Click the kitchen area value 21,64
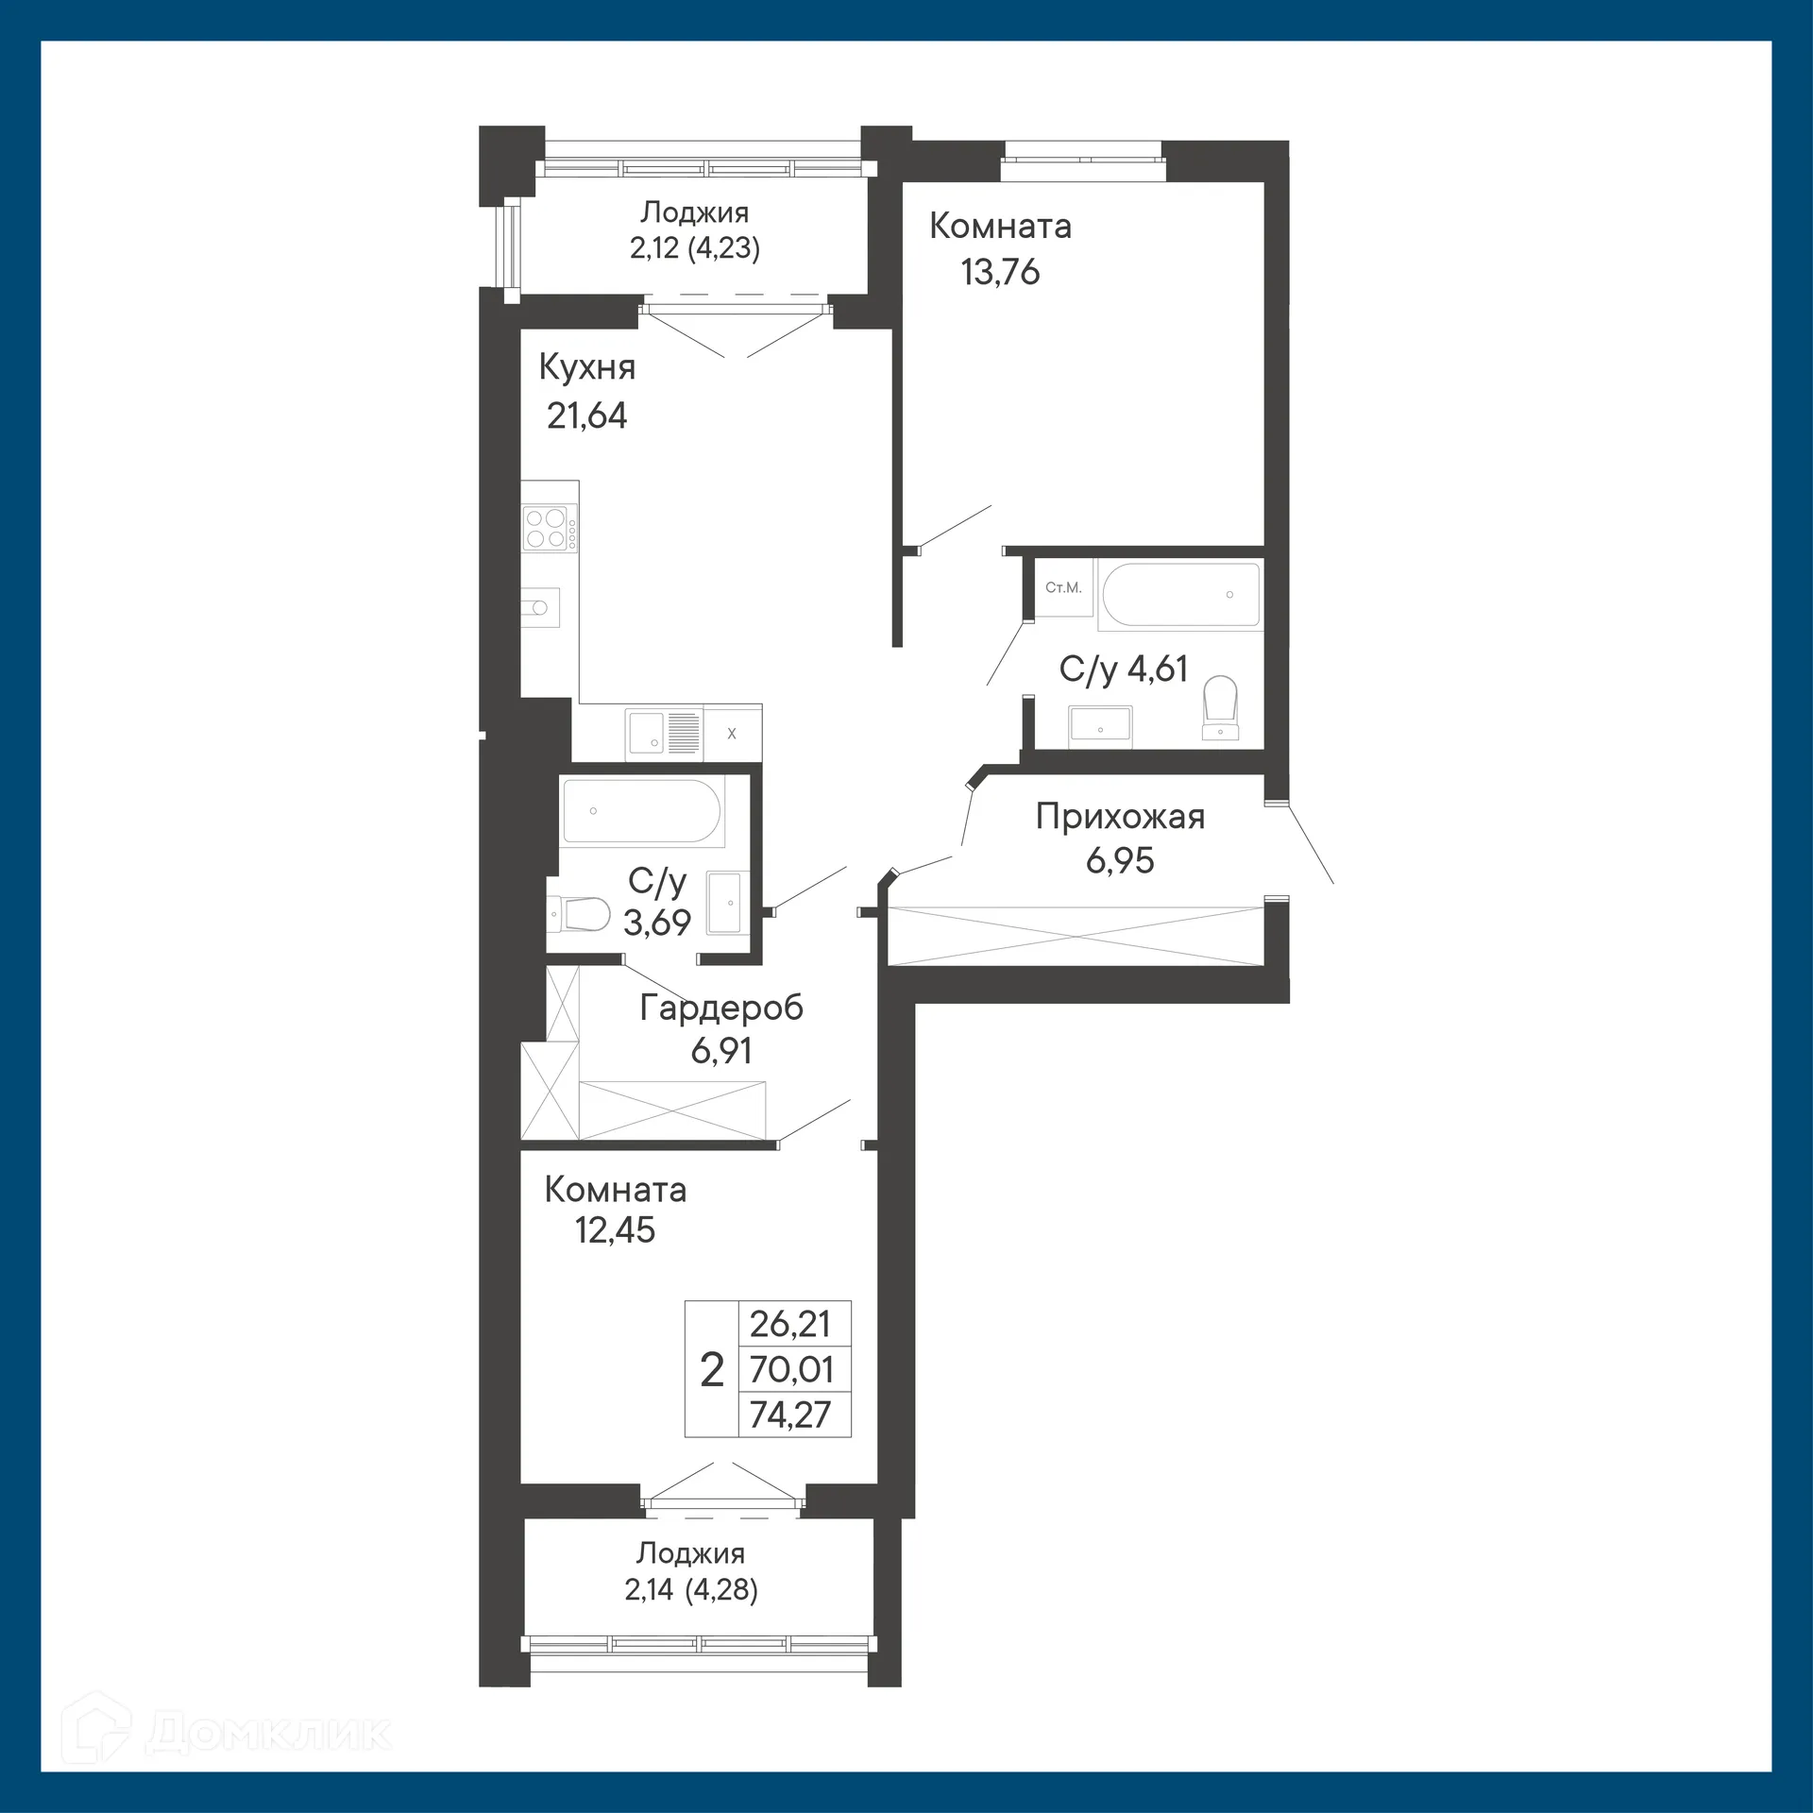coord(586,415)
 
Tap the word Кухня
coord(586,367)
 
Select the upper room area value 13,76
coord(1000,272)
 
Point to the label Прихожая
coord(1120,816)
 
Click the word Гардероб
coord(721,1008)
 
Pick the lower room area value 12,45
coord(615,1229)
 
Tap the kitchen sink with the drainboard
coord(664,733)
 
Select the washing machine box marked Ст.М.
coord(1063,588)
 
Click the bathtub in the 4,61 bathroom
coord(1179,594)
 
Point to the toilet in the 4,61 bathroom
coord(1221,707)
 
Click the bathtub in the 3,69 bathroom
coord(642,811)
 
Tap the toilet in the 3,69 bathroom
coord(578,913)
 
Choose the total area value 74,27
coord(790,1415)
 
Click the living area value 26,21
coord(790,1324)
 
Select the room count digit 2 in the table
coord(712,1369)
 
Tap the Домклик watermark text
coord(268,1732)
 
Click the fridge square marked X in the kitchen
coord(732,733)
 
